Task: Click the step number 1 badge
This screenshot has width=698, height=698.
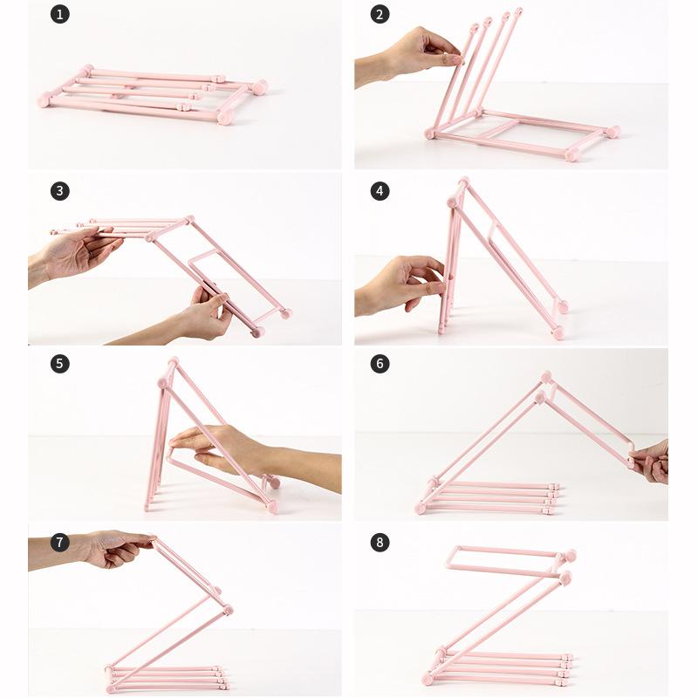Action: coord(59,14)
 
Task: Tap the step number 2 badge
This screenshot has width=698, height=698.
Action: coord(380,14)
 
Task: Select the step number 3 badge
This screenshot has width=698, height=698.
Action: coord(59,191)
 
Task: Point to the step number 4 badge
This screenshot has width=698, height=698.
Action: coord(380,191)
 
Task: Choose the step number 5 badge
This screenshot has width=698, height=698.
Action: coord(59,364)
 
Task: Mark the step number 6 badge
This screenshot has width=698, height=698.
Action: coord(380,364)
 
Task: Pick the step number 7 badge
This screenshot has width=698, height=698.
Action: coord(59,542)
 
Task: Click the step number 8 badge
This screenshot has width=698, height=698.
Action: coord(380,542)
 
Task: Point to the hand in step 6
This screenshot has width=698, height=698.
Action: coord(653,461)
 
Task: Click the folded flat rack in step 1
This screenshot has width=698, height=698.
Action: coord(153,94)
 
